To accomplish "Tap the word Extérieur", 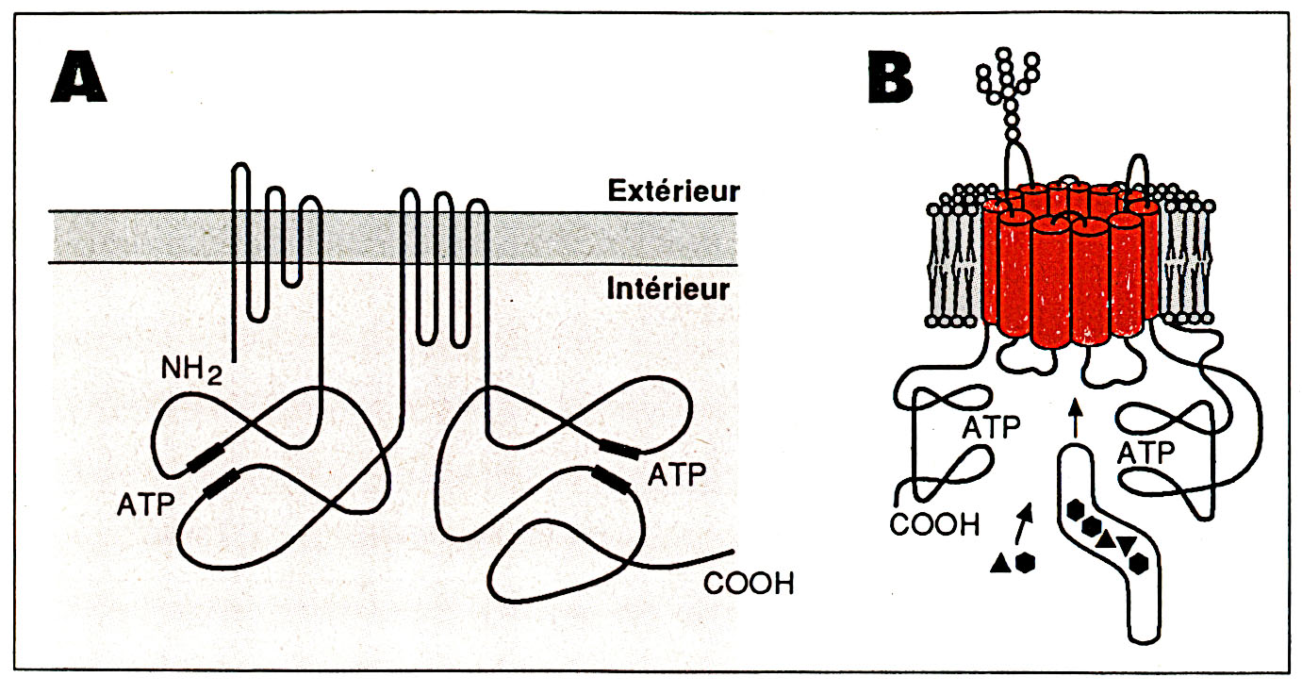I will (x=671, y=191).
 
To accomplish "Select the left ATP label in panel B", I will (x=991, y=429).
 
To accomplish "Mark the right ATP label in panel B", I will (x=1145, y=454).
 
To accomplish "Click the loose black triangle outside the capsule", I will (x=999, y=563).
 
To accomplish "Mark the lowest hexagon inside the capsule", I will (x=1141, y=563).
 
